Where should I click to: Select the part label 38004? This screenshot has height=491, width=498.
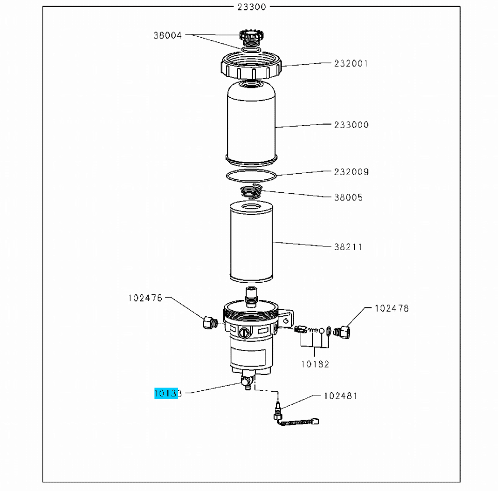pos(167,36)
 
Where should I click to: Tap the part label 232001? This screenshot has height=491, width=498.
pos(351,64)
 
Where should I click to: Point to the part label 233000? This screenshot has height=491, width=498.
pos(351,125)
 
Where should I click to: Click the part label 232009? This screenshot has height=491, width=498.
pos(351,172)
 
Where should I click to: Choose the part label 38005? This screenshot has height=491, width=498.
pos(348,197)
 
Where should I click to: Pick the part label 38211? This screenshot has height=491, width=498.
pos(348,247)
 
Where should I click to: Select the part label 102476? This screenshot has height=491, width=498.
pos(145,298)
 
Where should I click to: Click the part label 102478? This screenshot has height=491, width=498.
pos(391,308)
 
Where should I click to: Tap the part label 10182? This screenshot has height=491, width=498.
pos(315,364)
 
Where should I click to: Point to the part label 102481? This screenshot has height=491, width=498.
pos(340,396)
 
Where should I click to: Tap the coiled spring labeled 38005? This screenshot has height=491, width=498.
pos(252,191)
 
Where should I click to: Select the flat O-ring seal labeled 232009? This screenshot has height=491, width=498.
pos(252,175)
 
